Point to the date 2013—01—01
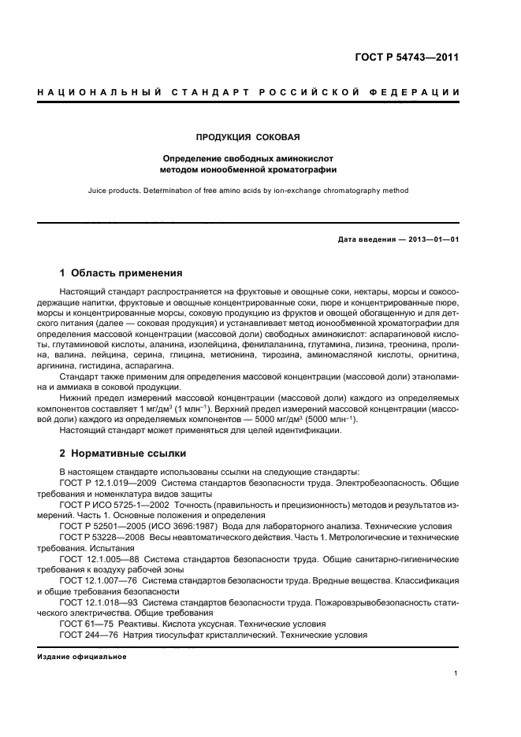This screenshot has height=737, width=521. [x=433, y=239]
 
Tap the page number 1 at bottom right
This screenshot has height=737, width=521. [x=456, y=673]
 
